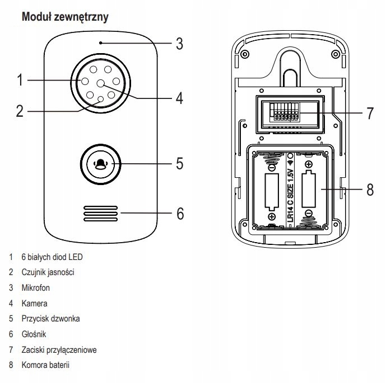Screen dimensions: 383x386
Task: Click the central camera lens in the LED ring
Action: (101, 83)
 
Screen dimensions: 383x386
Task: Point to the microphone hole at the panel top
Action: (100, 42)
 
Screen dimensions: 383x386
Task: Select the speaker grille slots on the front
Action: (101, 214)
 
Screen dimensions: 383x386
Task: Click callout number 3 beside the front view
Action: (179, 44)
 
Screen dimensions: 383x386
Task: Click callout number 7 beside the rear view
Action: (369, 112)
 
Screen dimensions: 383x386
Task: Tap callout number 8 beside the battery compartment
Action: (369, 189)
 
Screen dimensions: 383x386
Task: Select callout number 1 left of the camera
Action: (19, 81)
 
